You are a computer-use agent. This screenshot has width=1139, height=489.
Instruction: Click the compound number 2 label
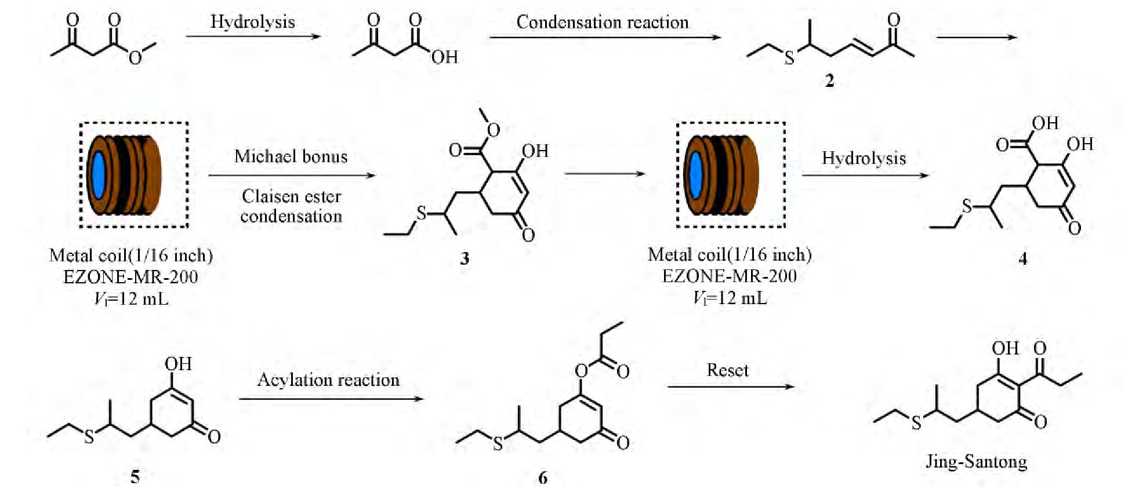(x=829, y=81)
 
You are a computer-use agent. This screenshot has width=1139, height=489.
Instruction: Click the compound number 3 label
(x=465, y=258)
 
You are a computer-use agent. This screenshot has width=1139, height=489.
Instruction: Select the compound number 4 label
(x=1023, y=258)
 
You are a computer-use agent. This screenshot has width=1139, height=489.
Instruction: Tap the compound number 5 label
(x=135, y=476)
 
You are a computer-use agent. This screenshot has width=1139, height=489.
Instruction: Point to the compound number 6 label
(x=543, y=477)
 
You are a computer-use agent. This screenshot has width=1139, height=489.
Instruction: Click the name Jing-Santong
(x=977, y=461)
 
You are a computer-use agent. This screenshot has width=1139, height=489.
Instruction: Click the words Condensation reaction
(x=603, y=22)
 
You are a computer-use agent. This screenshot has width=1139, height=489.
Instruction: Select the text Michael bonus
(x=291, y=156)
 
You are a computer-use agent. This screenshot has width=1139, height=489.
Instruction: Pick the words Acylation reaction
(x=328, y=379)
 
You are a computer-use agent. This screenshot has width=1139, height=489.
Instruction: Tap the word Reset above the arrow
(x=727, y=370)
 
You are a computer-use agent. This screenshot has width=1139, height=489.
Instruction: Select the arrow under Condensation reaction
(x=604, y=38)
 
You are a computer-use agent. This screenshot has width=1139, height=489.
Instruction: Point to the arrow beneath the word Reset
(x=730, y=386)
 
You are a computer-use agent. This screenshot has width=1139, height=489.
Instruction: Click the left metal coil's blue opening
(x=99, y=176)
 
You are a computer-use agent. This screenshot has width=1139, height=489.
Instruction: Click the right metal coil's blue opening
(x=695, y=176)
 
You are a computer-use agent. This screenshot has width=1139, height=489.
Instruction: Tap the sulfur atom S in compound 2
(x=789, y=57)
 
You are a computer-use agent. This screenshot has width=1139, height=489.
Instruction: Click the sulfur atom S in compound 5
(x=89, y=437)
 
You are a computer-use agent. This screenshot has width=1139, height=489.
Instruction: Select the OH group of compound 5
(x=177, y=364)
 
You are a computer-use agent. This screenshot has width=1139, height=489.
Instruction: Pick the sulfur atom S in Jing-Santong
(x=916, y=423)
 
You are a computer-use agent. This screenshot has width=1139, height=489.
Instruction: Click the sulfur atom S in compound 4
(x=967, y=206)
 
